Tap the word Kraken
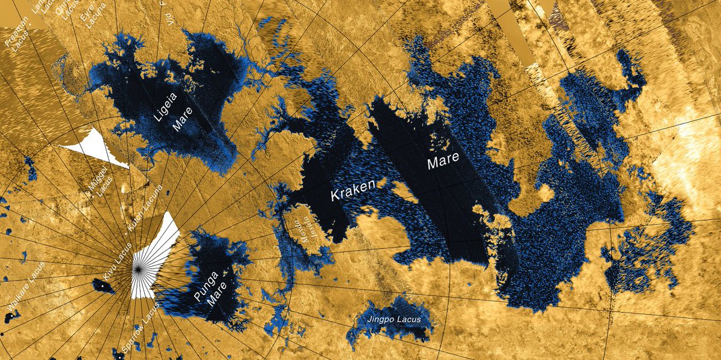(x=353, y=192)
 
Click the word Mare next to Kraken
(x=443, y=160)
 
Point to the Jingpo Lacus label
(x=395, y=319)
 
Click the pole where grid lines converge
(x=138, y=270)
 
